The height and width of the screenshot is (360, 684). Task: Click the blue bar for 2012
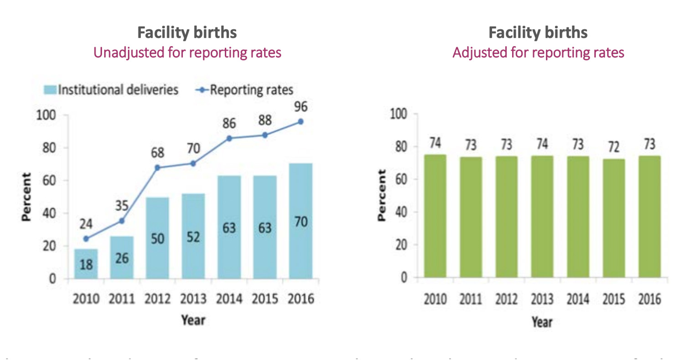pos(157,237)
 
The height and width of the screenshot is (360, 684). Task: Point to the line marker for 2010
pos(86,239)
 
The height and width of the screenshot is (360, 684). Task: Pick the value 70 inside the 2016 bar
pos(301,222)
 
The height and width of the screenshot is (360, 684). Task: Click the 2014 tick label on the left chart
pos(229,300)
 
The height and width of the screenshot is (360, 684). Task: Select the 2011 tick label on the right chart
pos(471,300)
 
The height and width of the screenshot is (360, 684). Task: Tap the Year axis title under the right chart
pos(542,322)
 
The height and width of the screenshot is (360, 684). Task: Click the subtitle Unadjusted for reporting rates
pos(187,52)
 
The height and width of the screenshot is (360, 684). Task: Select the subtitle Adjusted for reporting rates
pos(538,52)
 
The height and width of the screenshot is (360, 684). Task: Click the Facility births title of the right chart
pos(538,33)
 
